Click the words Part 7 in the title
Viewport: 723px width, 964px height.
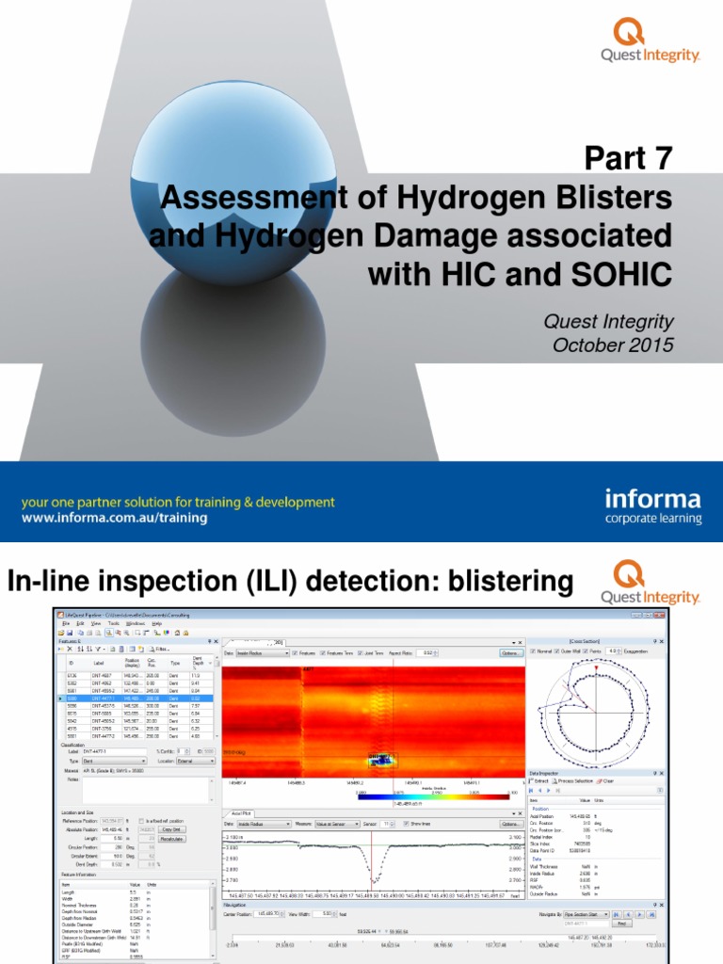[x=630, y=159]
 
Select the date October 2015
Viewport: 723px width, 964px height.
[x=613, y=345]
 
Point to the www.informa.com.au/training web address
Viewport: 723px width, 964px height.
[x=126, y=518]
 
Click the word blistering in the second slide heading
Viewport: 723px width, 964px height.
[x=506, y=582]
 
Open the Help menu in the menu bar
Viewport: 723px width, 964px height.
[x=157, y=623]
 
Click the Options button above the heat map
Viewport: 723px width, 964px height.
[x=510, y=652]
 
